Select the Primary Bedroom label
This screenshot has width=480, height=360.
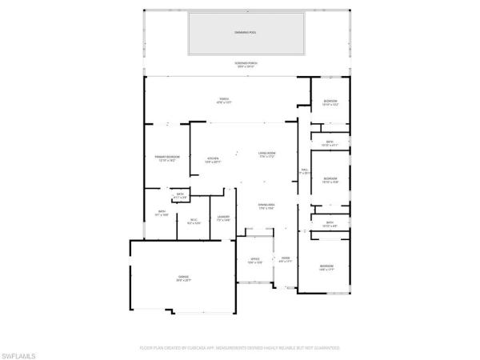point(166,158)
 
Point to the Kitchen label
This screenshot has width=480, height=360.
point(214,159)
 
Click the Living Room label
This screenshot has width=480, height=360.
point(267,154)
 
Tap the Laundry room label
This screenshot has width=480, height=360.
point(224,218)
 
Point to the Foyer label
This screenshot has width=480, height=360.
point(286,259)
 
